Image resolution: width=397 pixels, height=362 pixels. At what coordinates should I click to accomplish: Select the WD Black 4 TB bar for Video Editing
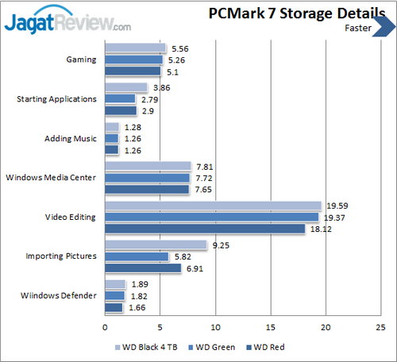pos(213,206)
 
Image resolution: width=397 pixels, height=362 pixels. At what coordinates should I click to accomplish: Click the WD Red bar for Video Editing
pos(205,229)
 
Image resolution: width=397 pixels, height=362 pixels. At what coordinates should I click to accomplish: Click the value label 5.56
pos(179,48)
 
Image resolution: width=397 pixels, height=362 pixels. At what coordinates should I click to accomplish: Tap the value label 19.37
pos(333,217)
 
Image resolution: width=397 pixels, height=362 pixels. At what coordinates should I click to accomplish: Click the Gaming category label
pos(83,60)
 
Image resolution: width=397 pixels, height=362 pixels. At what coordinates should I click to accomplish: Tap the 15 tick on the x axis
pos(271,325)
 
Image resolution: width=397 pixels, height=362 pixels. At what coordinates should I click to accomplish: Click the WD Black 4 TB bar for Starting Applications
pos(126,87)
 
